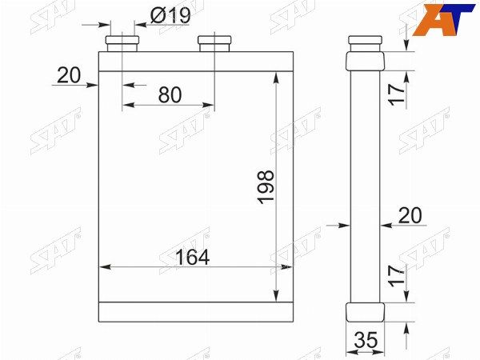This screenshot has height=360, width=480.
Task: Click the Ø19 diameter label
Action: coord(170,15)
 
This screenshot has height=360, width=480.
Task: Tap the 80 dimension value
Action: coord(170,94)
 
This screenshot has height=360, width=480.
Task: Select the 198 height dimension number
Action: coord(266,187)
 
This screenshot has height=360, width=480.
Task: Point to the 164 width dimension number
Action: coord(192,257)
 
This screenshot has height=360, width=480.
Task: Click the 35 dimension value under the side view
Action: coord(366,340)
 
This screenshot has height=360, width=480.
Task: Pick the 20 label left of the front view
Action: coord(69,75)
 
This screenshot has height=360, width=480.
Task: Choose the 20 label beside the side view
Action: coord(410,215)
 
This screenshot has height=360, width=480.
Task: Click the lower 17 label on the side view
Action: coord(396,275)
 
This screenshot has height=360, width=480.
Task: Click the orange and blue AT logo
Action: coord(443,19)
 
